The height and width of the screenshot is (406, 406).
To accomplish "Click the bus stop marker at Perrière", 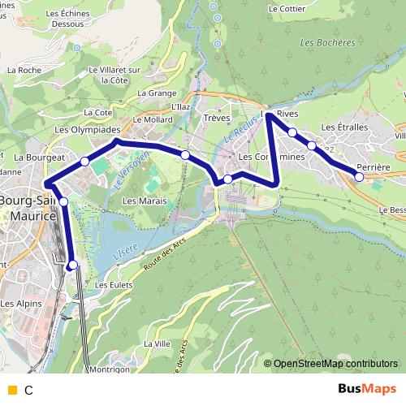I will (360, 176).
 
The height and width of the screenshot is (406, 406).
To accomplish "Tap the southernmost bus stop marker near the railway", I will (73, 264).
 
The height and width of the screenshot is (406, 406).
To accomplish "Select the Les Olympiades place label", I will (87, 129).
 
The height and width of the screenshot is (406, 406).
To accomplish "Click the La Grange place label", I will (157, 93).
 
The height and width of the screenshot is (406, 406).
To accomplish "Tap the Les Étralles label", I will (345, 127).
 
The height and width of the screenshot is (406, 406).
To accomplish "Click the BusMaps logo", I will (362, 389).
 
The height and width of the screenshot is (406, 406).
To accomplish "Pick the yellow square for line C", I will (11, 390).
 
